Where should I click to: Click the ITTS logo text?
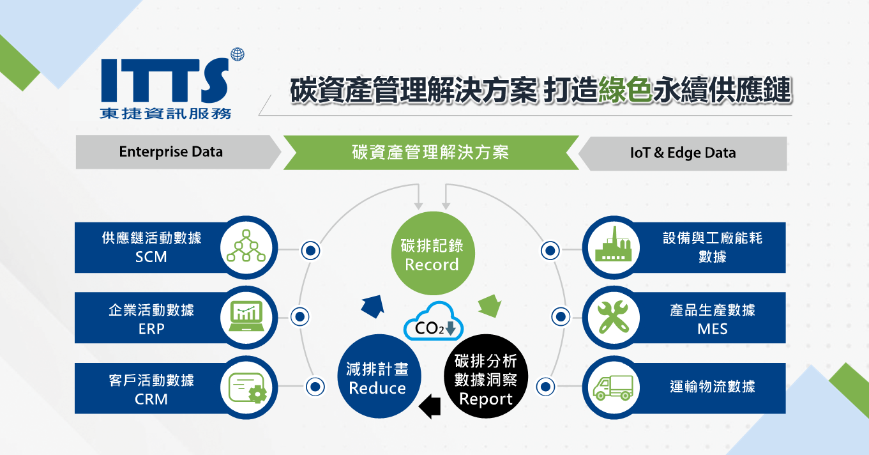(x=165, y=80)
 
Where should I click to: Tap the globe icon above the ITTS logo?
(x=238, y=55)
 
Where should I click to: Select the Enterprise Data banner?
(x=171, y=152)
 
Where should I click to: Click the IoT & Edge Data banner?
(x=683, y=153)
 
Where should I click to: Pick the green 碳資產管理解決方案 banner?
(x=430, y=153)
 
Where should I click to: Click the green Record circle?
(x=432, y=254)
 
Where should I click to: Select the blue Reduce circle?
(x=377, y=378)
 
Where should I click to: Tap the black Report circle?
(x=486, y=378)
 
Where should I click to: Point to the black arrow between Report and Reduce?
(x=429, y=405)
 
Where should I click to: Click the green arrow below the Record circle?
(x=490, y=305)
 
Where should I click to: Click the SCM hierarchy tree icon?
(x=245, y=247)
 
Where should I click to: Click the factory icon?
(x=614, y=245)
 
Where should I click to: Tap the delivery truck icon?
(x=614, y=387)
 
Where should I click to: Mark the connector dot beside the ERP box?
(x=299, y=316)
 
